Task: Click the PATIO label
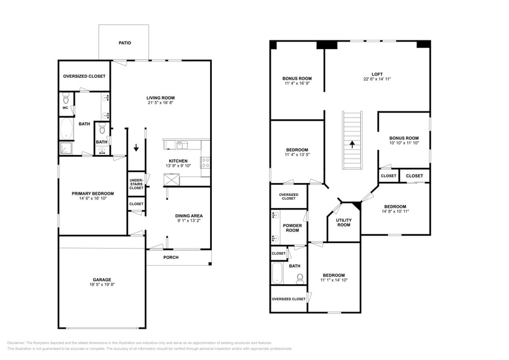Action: pos(124,43)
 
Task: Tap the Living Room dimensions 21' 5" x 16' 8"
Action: pos(160,103)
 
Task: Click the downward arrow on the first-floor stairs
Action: pos(136,148)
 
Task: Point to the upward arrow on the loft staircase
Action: pos(352,145)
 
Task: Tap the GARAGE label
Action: pos(102,280)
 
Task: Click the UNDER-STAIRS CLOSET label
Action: pos(137,184)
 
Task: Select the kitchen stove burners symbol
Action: pos(206,163)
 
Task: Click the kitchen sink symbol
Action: pos(181,145)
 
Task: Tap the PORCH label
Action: pos(171,257)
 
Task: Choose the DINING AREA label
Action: pos(189,216)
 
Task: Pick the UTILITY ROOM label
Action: pos(344,222)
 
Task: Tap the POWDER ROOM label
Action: pos(292,227)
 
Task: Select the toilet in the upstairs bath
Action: pos(300,279)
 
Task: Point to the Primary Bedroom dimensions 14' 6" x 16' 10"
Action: pos(92,198)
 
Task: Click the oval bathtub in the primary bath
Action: pos(66,129)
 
